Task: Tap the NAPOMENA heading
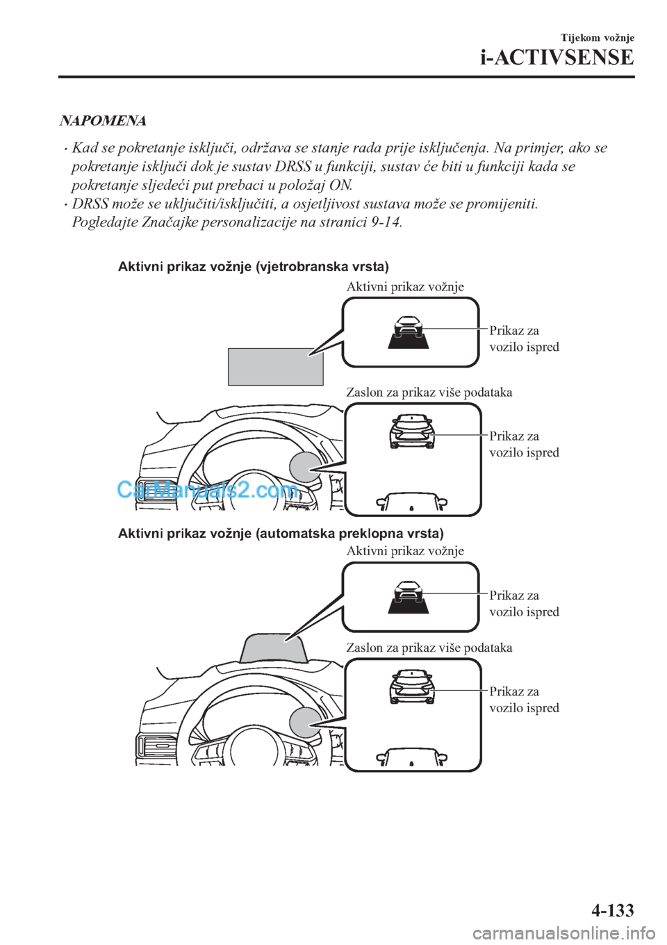(x=104, y=121)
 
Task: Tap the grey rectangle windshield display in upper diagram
(x=275, y=366)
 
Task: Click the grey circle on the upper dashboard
(x=306, y=466)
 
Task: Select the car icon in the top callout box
(x=409, y=331)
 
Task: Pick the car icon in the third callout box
(x=409, y=596)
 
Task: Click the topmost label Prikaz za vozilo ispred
(x=524, y=338)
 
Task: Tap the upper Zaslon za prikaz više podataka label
(x=429, y=393)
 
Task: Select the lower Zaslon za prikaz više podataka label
(x=429, y=648)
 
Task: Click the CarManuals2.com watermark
(x=208, y=491)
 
